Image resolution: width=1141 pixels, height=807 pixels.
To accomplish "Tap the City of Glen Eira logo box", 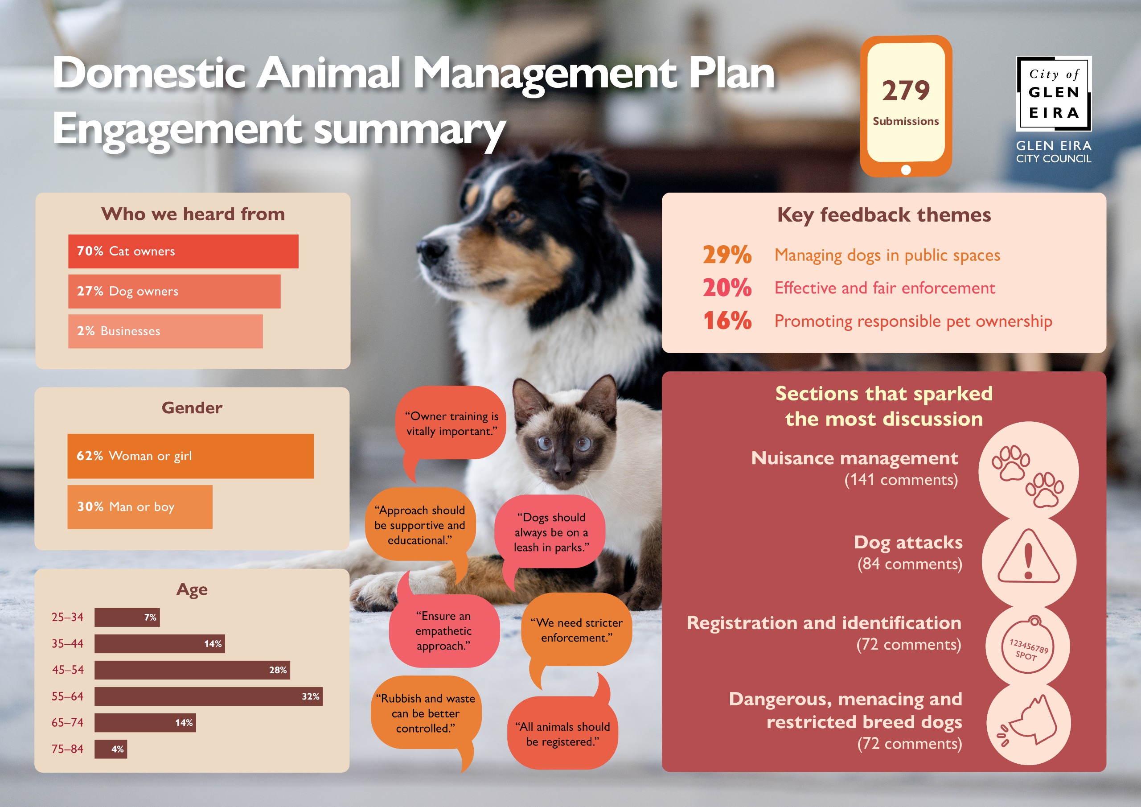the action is (x=1054, y=94).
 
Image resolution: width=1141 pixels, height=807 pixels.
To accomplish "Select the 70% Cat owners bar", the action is (x=183, y=251).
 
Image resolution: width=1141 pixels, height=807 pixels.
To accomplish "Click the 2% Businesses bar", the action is (x=165, y=331).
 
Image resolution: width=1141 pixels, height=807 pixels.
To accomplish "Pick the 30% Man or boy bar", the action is (x=140, y=506).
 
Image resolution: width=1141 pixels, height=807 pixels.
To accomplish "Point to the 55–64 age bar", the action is (x=209, y=696).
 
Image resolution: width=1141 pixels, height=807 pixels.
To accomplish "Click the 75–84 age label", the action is (x=68, y=749).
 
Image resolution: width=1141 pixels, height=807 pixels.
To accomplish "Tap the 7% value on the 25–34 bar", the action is (x=150, y=617).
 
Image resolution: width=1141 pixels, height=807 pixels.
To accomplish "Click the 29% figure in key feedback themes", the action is (x=727, y=255).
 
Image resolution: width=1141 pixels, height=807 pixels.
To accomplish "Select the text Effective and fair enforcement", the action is (x=885, y=288).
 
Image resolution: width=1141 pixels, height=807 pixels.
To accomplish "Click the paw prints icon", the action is (x=1028, y=476).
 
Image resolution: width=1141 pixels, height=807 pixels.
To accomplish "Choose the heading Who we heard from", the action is (x=193, y=214).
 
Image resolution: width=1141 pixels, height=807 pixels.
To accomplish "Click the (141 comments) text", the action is (x=901, y=480).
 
